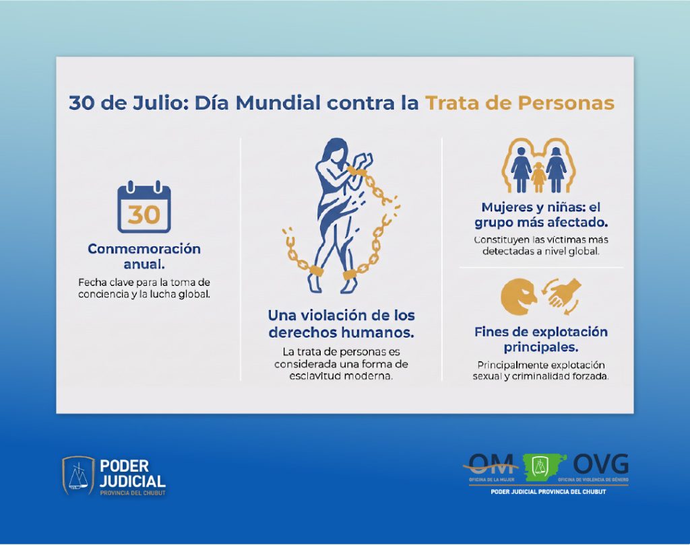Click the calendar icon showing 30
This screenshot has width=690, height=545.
[x=144, y=207]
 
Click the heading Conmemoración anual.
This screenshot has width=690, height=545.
[x=144, y=256]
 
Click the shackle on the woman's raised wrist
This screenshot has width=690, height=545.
[x=354, y=170]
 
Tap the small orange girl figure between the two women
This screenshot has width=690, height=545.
[x=538, y=177]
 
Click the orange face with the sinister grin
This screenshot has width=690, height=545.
[x=518, y=297]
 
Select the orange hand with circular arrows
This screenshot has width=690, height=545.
[x=563, y=296]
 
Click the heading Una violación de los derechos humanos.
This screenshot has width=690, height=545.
[x=342, y=324]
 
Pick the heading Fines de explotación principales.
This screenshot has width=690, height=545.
[x=541, y=339]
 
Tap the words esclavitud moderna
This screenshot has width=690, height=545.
[x=340, y=376]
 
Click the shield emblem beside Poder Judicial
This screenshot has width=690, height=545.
[x=78, y=476]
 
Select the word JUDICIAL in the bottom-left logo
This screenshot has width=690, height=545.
[x=133, y=481]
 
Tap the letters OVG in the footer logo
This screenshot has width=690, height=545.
[x=600, y=464]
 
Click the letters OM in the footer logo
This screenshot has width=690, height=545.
[x=491, y=464]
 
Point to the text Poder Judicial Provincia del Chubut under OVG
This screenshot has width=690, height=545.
[x=548, y=492]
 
